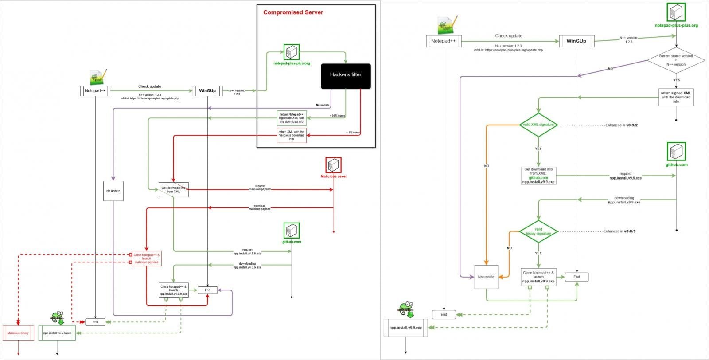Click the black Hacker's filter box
click(346, 75)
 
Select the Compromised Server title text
click(293, 12)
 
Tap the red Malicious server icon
click(333, 165)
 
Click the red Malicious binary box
click(18, 333)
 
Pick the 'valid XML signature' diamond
click(538, 125)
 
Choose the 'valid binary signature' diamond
click(538, 231)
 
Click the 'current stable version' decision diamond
click(676, 60)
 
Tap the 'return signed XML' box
click(676, 97)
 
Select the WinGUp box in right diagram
click(577, 41)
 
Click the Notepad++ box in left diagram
click(95, 91)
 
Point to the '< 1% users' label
click(353, 133)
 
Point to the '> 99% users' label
click(337, 116)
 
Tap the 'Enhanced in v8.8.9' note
click(619, 231)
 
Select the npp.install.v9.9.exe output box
click(405, 328)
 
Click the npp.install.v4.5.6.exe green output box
click(57, 333)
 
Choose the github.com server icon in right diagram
click(676, 152)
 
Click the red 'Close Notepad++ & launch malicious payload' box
click(146, 258)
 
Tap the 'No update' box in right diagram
click(486, 277)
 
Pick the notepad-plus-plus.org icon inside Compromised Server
click(291, 52)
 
